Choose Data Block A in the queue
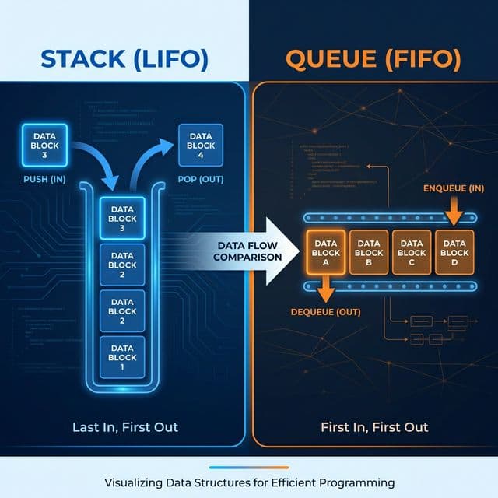point(326,253)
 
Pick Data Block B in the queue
point(369,253)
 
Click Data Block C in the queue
point(412,253)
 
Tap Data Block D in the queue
point(454,253)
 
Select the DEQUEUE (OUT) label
point(324,312)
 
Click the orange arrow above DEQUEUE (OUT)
point(325,291)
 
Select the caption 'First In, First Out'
point(374,427)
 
